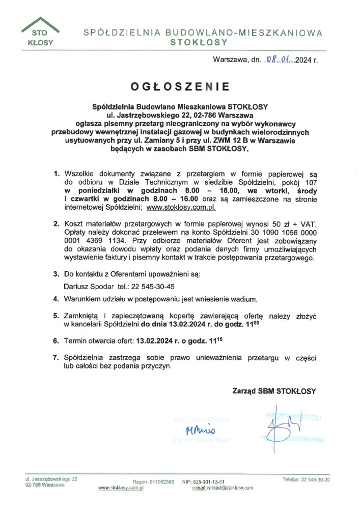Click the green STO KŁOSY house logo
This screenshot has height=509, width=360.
[39, 32]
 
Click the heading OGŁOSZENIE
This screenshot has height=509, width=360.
[180, 87]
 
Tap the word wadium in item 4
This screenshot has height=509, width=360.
[246, 299]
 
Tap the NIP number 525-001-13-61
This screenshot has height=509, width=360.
[210, 482]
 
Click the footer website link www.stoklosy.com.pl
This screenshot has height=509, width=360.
[121, 488]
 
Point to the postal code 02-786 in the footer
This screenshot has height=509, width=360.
[34, 485]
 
